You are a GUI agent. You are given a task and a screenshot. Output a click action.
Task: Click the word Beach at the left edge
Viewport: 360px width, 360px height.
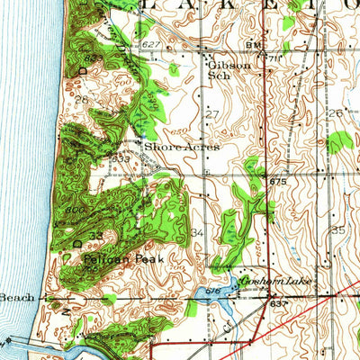(16, 297)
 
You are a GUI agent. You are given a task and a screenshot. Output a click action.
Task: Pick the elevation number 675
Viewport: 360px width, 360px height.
(277, 183)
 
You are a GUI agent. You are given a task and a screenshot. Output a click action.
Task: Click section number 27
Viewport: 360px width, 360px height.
(212, 114)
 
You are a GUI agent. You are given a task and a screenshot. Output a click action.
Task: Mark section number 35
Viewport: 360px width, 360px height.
(337, 230)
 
